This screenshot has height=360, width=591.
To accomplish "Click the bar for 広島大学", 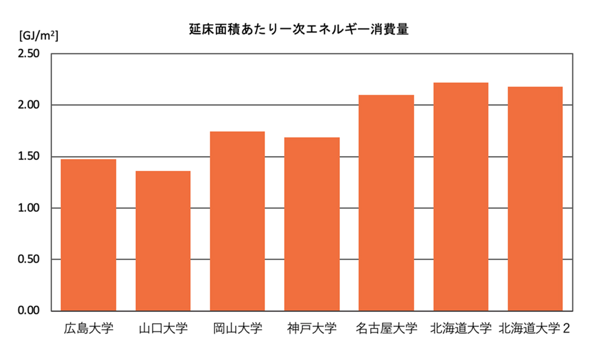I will tap(89, 235).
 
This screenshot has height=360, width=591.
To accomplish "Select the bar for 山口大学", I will tap(163, 241).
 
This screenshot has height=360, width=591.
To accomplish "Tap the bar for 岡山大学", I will tap(237, 221).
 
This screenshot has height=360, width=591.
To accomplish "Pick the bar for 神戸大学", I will tap(312, 224).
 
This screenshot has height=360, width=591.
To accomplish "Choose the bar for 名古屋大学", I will tap(386, 203).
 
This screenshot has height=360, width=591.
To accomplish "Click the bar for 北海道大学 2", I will tap(535, 198).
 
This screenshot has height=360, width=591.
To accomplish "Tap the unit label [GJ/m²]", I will tap(38, 36).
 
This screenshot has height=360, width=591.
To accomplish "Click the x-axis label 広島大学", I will tap(89, 329).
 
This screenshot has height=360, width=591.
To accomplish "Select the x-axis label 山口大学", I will tap(163, 329).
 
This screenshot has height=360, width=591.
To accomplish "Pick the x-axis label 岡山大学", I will tap(237, 329).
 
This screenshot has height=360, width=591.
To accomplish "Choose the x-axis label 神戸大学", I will tap(312, 329).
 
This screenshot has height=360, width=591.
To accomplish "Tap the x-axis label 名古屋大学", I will tap(386, 329).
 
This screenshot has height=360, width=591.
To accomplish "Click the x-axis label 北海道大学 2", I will tap(535, 329).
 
